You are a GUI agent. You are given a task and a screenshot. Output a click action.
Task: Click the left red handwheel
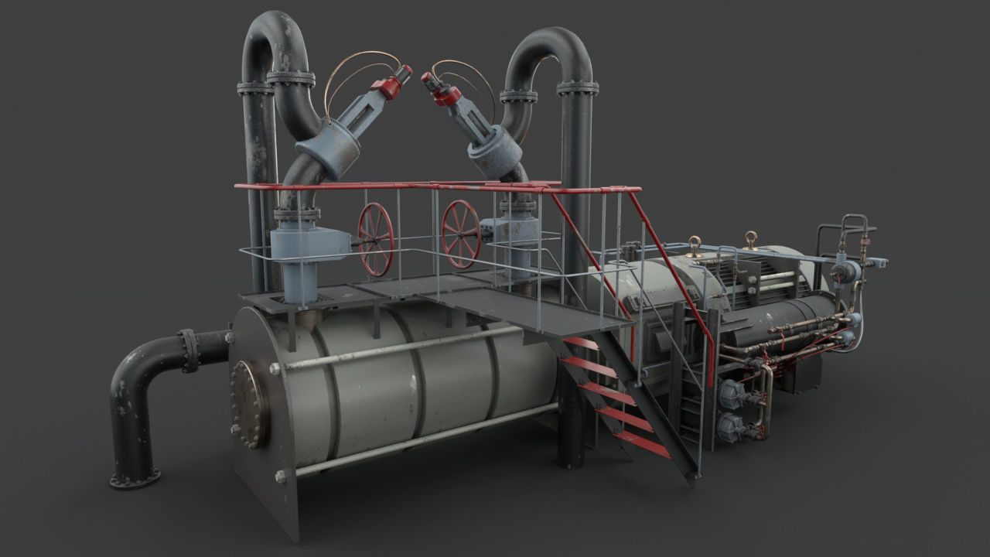click(x=376, y=239)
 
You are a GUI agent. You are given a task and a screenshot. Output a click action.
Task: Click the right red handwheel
click(x=461, y=234)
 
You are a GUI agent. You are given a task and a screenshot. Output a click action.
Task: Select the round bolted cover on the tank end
click(x=250, y=404)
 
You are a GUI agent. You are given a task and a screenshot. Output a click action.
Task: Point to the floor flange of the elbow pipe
click(x=135, y=477)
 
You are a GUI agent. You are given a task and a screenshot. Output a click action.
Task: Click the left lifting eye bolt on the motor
click(x=694, y=246)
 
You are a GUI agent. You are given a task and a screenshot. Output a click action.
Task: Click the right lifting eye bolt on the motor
click(x=749, y=239)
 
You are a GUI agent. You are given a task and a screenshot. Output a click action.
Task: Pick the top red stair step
click(x=581, y=342)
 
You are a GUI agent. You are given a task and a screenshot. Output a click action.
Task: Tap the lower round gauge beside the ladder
click(x=729, y=425)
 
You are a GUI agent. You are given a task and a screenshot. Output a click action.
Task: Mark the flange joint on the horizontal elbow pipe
click(x=188, y=350)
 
